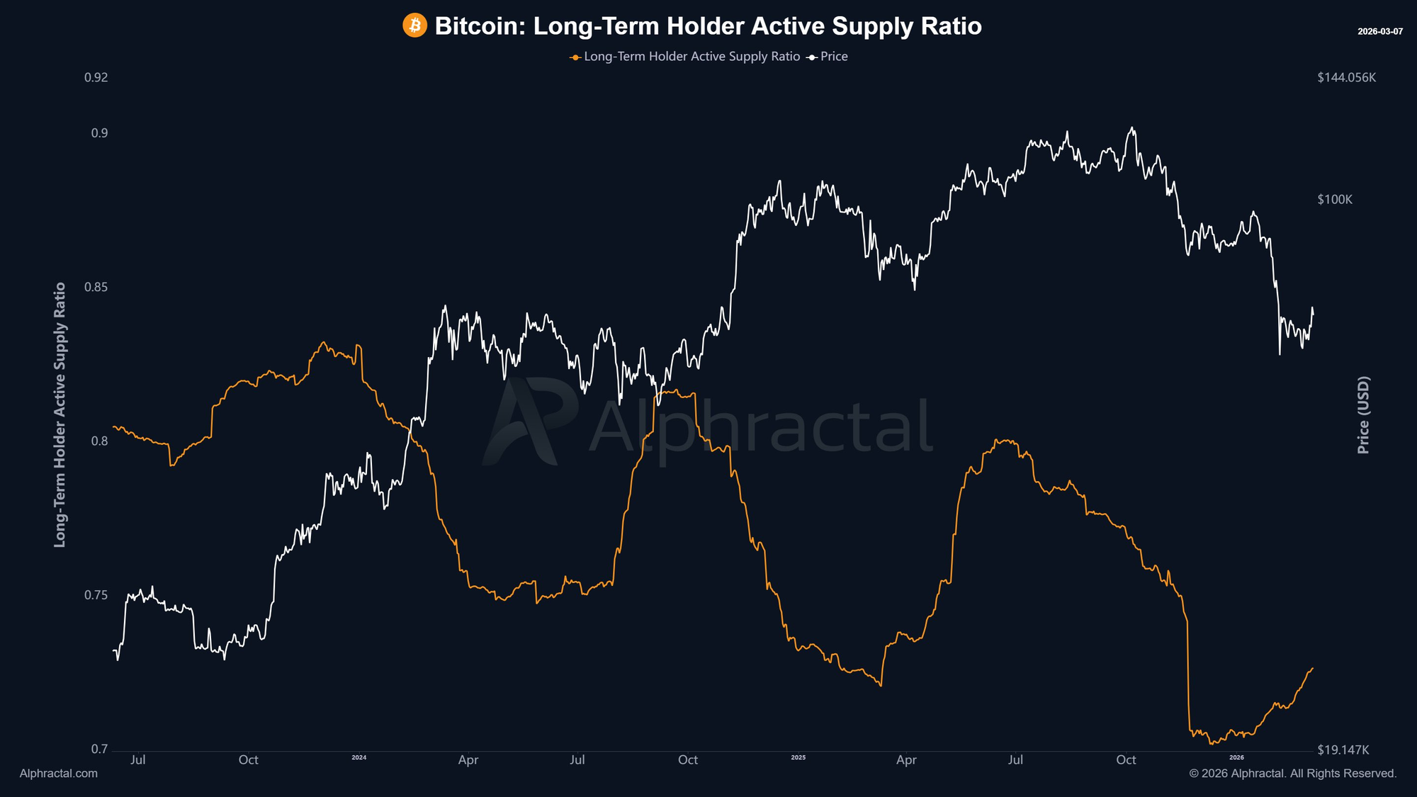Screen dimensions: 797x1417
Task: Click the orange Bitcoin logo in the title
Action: click(414, 26)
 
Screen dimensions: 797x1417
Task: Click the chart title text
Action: click(708, 26)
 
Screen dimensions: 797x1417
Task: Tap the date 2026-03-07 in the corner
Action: click(1379, 32)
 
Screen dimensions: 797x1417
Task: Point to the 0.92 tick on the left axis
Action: click(96, 77)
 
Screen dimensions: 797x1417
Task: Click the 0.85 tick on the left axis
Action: click(96, 287)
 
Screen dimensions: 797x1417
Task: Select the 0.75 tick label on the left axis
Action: click(96, 595)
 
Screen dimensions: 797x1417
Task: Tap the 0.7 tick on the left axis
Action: click(99, 750)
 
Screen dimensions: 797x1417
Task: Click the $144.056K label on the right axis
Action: click(1346, 77)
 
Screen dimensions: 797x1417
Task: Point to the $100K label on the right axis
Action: click(1335, 200)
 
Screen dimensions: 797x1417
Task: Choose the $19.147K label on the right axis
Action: click(1343, 750)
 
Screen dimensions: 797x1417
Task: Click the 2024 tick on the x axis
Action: click(359, 757)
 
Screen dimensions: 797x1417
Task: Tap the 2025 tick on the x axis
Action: click(798, 757)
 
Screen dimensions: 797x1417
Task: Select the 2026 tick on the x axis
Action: click(1236, 757)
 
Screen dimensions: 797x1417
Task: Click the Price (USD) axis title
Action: click(1363, 414)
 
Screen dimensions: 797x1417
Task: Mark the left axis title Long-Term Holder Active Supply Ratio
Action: click(60, 414)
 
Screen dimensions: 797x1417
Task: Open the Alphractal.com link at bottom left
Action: click(59, 774)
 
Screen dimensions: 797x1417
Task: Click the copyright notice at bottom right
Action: click(1292, 774)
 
